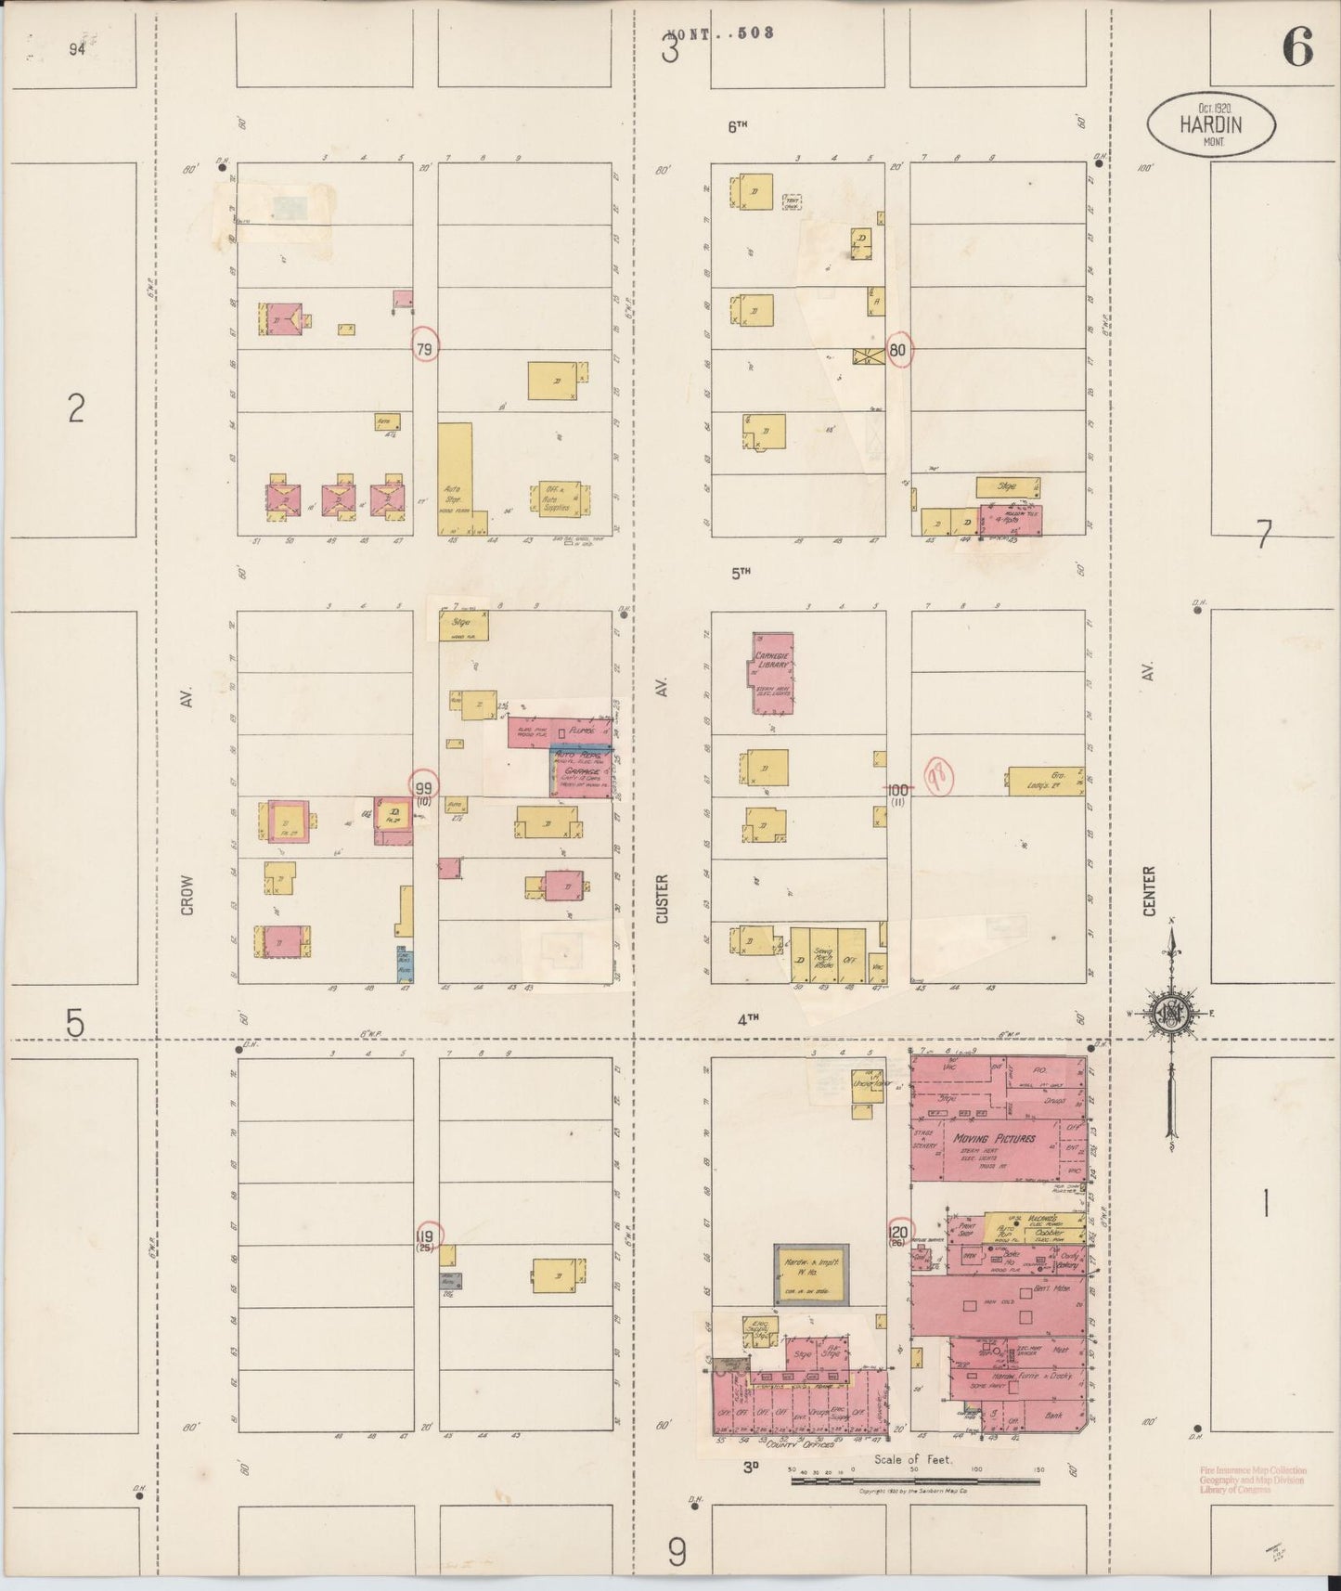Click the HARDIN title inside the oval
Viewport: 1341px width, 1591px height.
[x=1211, y=124]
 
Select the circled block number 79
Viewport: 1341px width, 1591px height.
[x=425, y=349]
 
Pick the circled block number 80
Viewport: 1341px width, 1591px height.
[x=897, y=351]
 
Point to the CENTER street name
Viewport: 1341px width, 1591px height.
[x=1149, y=891]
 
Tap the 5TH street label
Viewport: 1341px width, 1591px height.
[x=740, y=574]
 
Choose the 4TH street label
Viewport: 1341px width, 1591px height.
[x=748, y=1018]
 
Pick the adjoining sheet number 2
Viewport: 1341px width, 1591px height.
[x=76, y=407]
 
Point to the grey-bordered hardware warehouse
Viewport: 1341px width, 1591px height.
[x=810, y=1274]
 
